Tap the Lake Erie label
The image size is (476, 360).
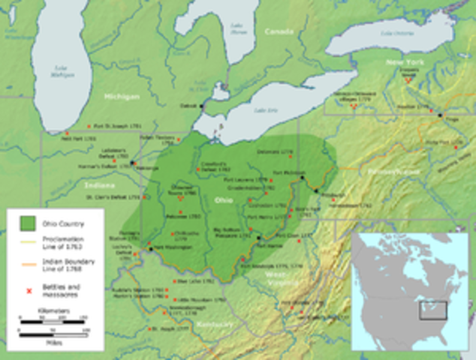pyautogui.click(x=264, y=110)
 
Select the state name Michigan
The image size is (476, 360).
pyautogui.click(x=122, y=97)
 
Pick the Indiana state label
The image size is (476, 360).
pyautogui.click(x=100, y=184)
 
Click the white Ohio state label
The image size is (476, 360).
pyautogui.click(x=224, y=200)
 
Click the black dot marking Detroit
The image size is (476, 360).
pyautogui.click(x=202, y=106)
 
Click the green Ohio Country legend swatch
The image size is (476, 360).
pyautogui.click(x=29, y=223)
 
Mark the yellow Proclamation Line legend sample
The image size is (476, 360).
pyautogui.click(x=29, y=241)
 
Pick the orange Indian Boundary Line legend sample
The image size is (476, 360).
pyautogui.click(x=29, y=263)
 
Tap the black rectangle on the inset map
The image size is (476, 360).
pyautogui.click(x=433, y=310)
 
